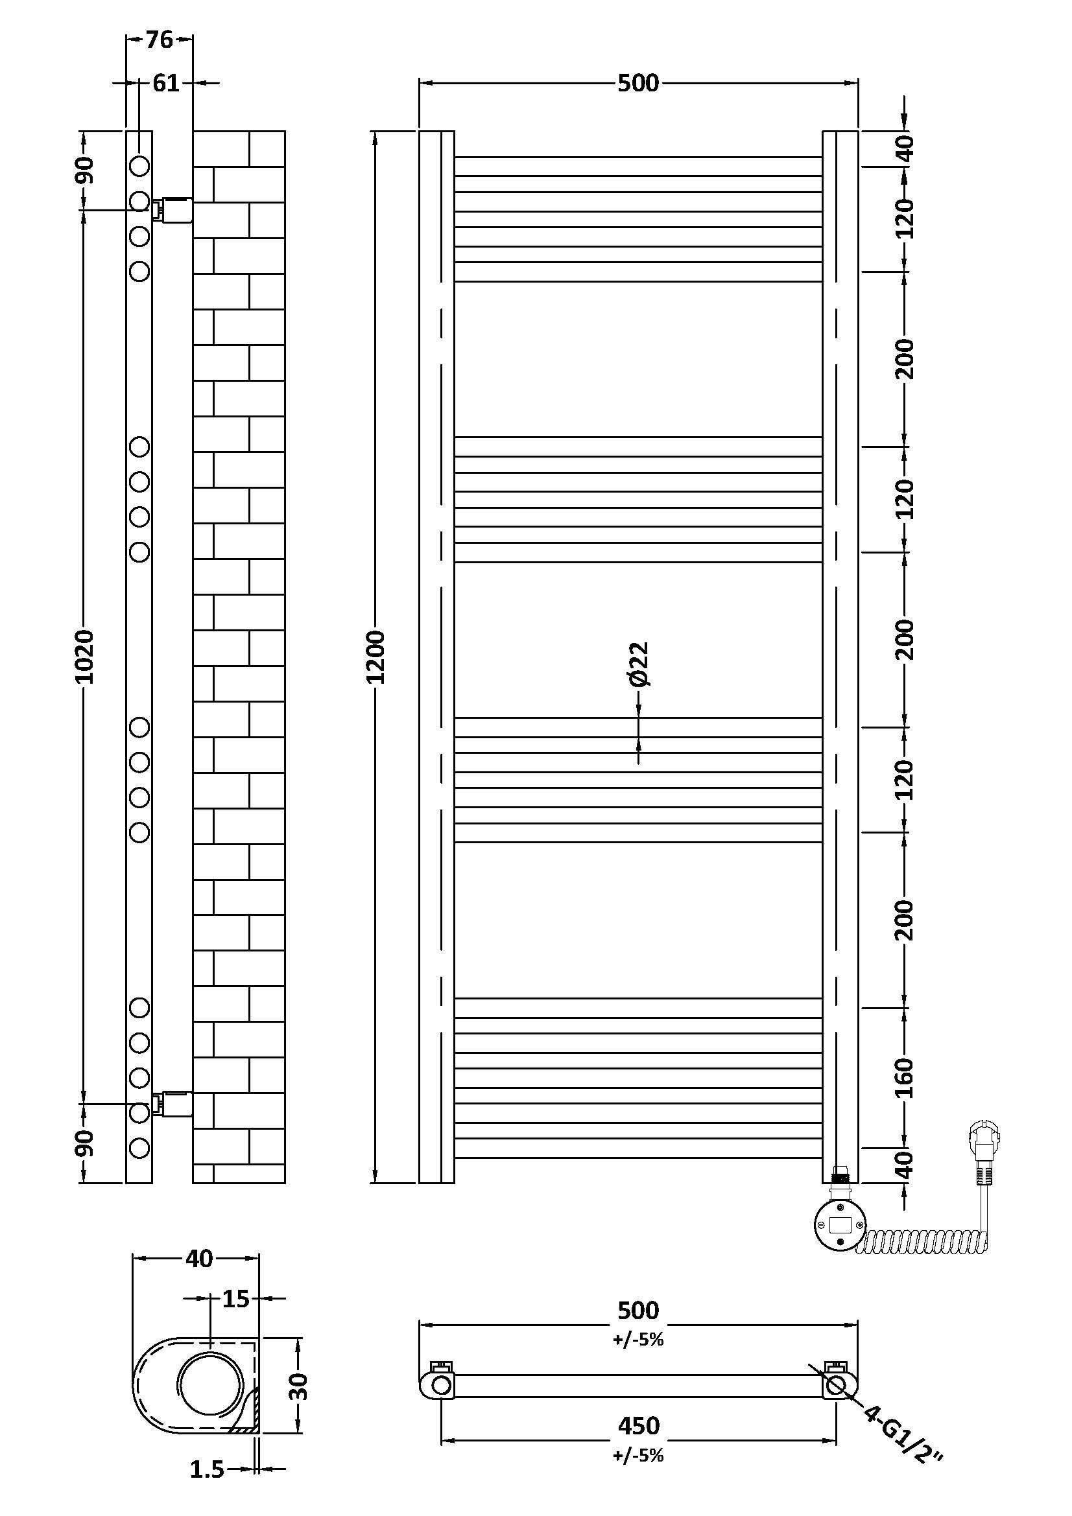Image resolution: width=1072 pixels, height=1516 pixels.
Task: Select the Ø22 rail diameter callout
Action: pos(639,664)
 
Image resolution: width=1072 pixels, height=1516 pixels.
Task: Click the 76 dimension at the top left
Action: pos(159,40)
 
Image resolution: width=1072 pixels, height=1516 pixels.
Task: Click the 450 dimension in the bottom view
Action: pos(639,1425)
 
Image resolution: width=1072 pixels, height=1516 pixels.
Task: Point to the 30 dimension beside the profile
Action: pos(299,1386)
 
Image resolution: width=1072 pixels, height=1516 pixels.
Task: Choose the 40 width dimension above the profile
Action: pos(199,1259)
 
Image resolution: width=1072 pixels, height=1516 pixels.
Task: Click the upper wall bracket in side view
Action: pos(173,209)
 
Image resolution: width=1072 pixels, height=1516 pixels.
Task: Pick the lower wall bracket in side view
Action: pos(173,1103)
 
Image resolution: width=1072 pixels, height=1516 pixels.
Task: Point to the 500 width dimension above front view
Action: pos(639,83)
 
